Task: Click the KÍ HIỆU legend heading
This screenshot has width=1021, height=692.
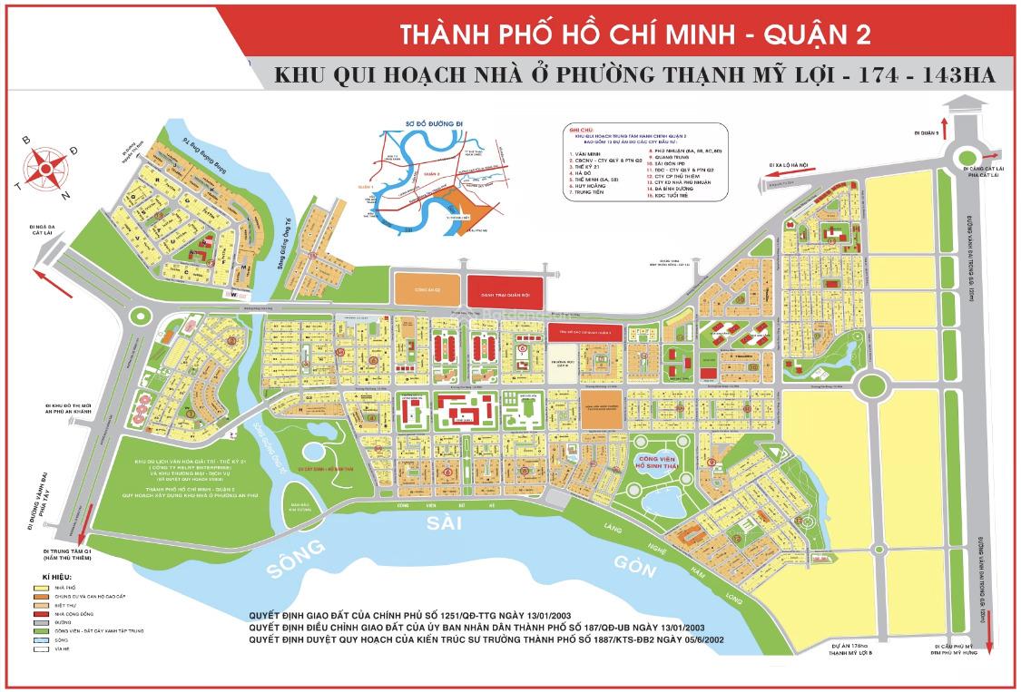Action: pyautogui.click(x=58, y=577)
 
